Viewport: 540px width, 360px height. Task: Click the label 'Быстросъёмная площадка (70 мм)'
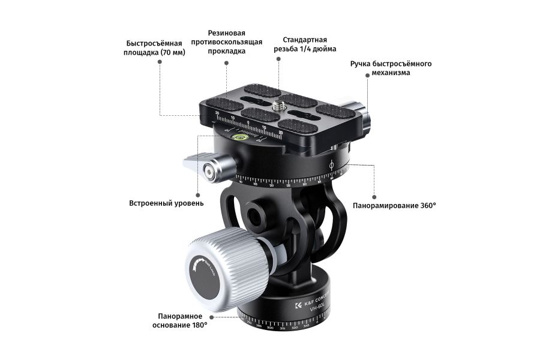155,48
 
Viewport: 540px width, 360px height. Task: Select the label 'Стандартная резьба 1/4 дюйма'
305,44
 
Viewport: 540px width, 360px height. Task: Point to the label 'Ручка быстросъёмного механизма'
391,68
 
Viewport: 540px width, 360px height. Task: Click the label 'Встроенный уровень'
166,203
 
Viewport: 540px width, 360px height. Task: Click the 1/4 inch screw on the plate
278,105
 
